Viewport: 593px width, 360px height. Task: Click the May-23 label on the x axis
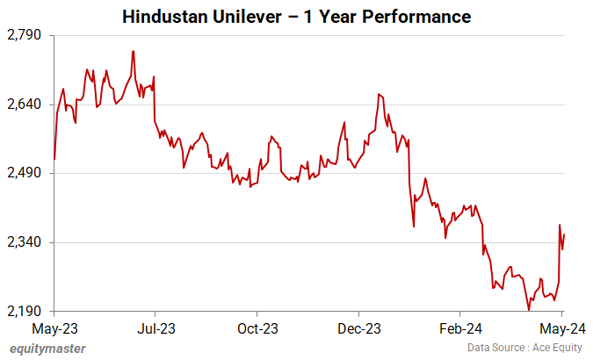pyautogui.click(x=54, y=329)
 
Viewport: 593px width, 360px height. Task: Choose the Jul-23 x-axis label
pyautogui.click(x=155, y=329)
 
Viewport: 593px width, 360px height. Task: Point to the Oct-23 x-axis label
pyautogui.click(x=257, y=329)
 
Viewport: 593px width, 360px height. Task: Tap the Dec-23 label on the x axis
pyautogui.click(x=358, y=329)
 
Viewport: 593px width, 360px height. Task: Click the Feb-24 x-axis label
pyautogui.click(x=460, y=329)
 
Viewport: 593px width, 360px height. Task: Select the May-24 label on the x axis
pyautogui.click(x=561, y=329)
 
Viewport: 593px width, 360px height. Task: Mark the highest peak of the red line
pyautogui.click(x=133, y=51)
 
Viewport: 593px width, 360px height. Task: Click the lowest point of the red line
pyautogui.click(x=529, y=310)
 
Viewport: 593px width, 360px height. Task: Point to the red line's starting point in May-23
pyautogui.click(x=54, y=159)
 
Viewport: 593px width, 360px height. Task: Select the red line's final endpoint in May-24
pyautogui.click(x=564, y=234)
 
